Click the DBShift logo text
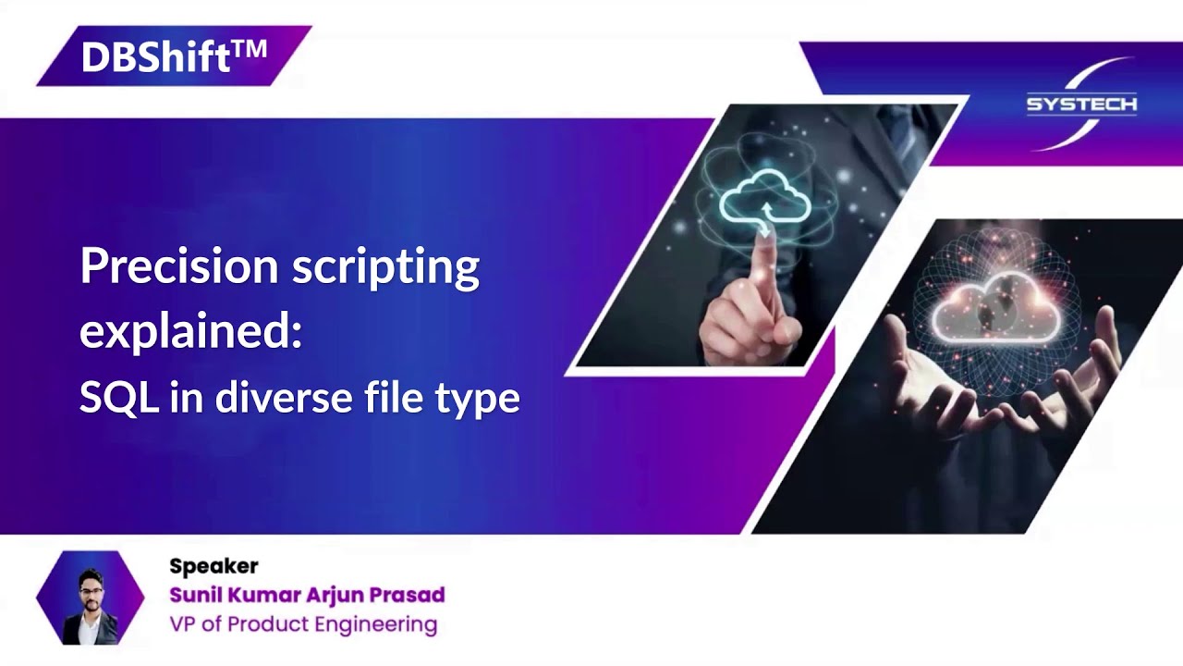tap(155, 57)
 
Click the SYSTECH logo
tap(1081, 104)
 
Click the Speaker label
tap(213, 566)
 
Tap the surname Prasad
tap(408, 595)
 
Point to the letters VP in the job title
tap(182, 624)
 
